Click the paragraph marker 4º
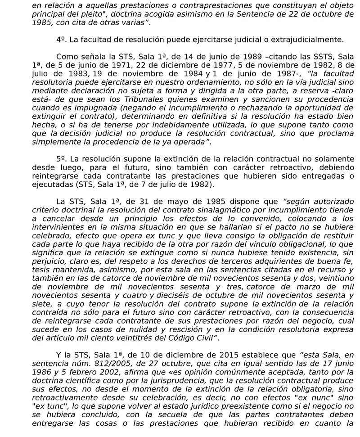point(62,39)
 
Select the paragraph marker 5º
point(62,159)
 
